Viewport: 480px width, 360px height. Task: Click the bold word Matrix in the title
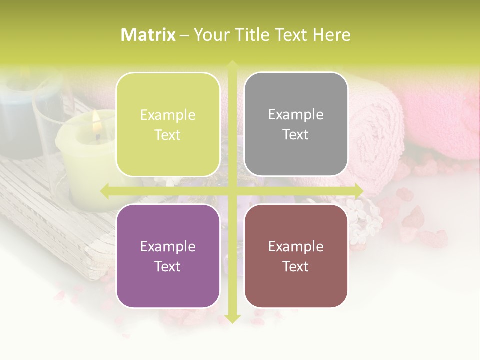click(x=148, y=35)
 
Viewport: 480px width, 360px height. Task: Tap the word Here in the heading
click(x=331, y=35)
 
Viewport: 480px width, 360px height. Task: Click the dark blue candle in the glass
click(x=20, y=120)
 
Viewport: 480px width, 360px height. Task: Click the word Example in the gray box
click(x=296, y=114)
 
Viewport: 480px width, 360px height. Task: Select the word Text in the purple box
click(x=168, y=266)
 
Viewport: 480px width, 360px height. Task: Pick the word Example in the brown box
click(x=296, y=246)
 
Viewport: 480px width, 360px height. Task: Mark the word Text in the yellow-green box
click(x=168, y=135)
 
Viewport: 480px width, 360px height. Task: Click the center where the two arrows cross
click(x=232, y=190)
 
